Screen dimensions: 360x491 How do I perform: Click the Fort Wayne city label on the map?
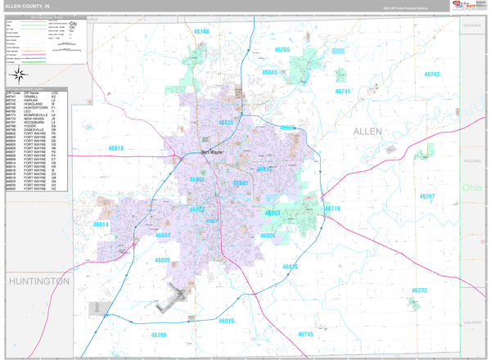[212, 152]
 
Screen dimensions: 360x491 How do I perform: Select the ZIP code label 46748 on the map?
[201, 32]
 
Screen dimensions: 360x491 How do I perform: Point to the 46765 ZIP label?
[282, 50]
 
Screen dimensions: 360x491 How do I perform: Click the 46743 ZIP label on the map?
[431, 74]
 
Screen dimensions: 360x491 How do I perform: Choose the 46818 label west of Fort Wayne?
[115, 148]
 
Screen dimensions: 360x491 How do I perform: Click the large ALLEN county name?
[367, 131]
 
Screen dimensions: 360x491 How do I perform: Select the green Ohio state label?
[472, 187]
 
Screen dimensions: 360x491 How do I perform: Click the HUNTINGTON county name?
[39, 281]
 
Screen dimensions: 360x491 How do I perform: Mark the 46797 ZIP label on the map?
[427, 196]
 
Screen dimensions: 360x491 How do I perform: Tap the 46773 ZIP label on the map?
[419, 290]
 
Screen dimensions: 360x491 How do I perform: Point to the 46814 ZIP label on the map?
[101, 224]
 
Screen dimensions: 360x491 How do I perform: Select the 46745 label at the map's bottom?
[305, 334]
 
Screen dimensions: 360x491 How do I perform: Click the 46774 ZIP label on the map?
[332, 209]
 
